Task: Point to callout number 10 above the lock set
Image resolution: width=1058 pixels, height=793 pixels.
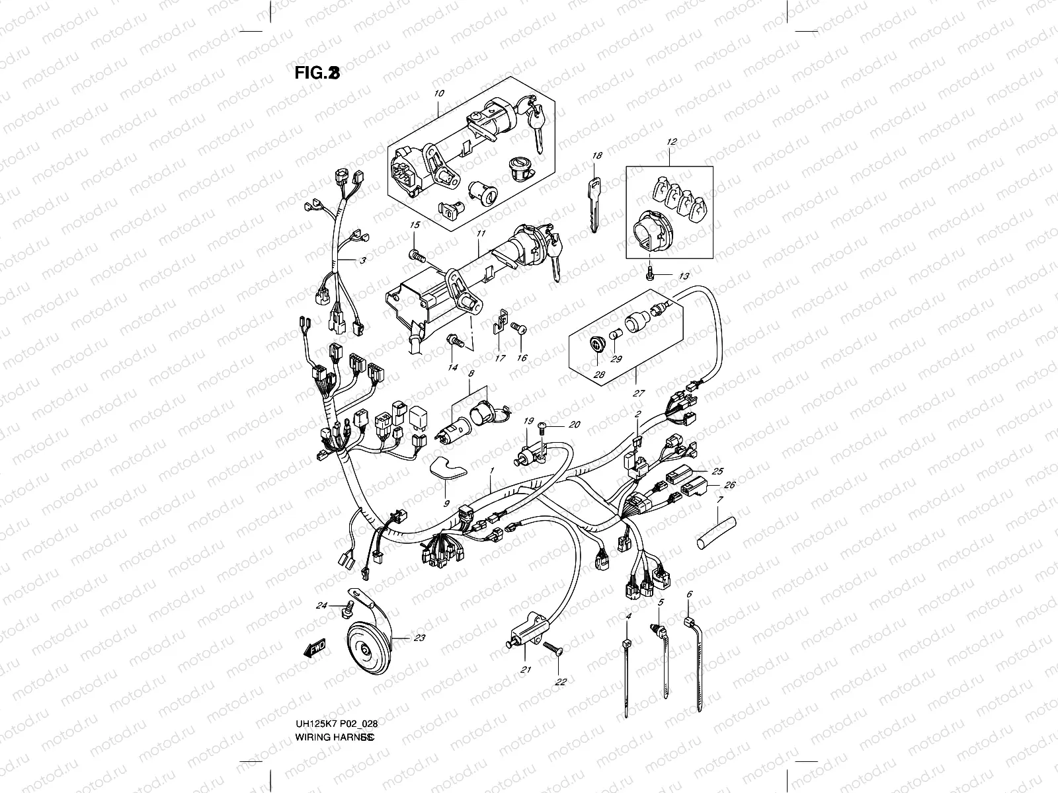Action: coord(440,94)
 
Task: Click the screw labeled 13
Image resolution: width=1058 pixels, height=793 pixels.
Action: coord(651,271)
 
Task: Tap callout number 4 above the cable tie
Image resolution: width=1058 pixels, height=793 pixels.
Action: coord(628,615)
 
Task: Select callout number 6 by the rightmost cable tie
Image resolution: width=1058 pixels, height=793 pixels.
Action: coord(689,594)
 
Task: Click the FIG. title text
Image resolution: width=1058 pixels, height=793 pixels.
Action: coord(317,73)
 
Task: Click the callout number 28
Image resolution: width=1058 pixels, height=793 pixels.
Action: coord(600,375)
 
